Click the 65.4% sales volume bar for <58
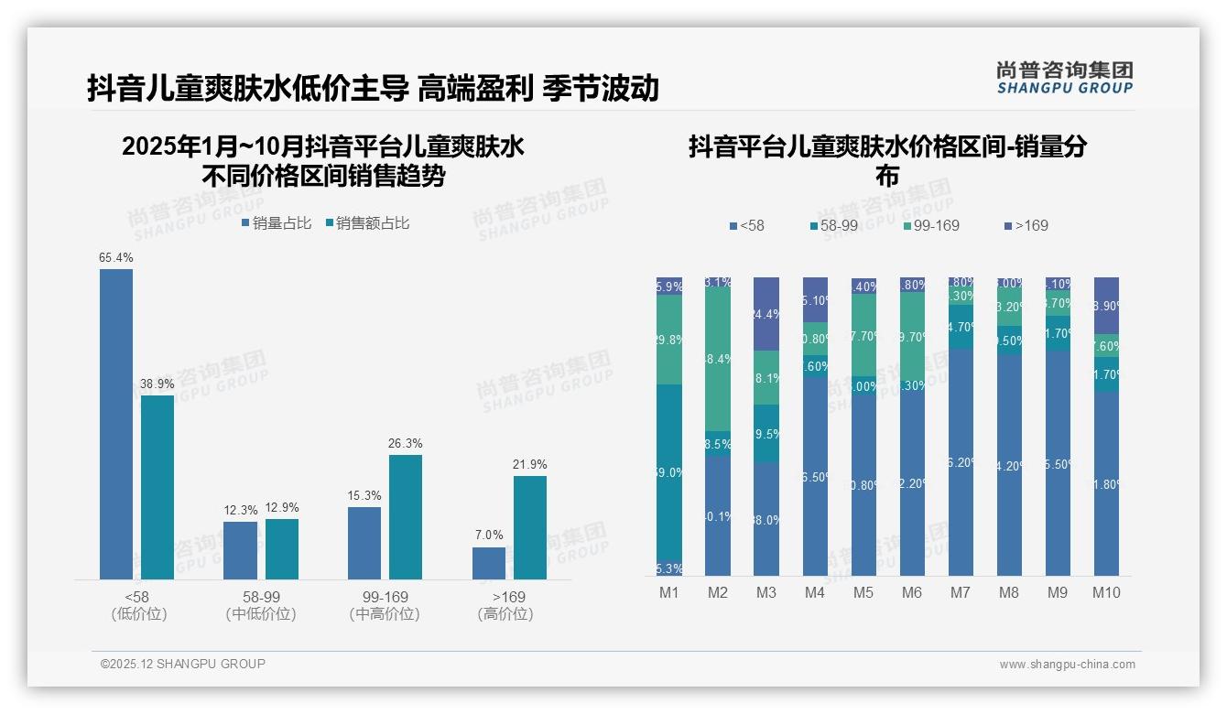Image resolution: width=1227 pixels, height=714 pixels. (x=116, y=424)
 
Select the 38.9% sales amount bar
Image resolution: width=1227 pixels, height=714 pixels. (x=157, y=487)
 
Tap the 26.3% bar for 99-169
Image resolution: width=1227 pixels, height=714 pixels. (x=406, y=517)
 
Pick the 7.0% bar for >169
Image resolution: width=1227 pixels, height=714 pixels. (x=489, y=563)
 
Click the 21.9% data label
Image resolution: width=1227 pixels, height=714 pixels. (x=529, y=465)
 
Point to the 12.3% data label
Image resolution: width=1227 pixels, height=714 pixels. (x=240, y=511)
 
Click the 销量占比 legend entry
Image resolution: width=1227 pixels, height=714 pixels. (x=277, y=223)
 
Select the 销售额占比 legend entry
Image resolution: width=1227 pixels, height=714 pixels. (x=366, y=223)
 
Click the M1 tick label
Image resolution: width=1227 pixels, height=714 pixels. (x=669, y=592)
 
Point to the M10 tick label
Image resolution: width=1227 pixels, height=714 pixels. (x=1106, y=592)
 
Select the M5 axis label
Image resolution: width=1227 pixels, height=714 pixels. (x=863, y=592)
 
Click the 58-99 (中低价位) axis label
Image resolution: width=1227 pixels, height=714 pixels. (x=261, y=605)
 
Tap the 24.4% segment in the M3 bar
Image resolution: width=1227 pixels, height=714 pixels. (x=766, y=314)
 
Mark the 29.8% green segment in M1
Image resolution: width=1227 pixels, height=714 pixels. (x=669, y=340)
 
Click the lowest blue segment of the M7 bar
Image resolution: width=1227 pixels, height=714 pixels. (x=961, y=462)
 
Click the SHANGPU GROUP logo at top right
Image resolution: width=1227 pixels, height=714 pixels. (x=1065, y=78)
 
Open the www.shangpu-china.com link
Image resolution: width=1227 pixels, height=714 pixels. (x=1067, y=665)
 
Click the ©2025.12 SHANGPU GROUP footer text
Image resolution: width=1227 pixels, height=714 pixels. (x=183, y=664)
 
